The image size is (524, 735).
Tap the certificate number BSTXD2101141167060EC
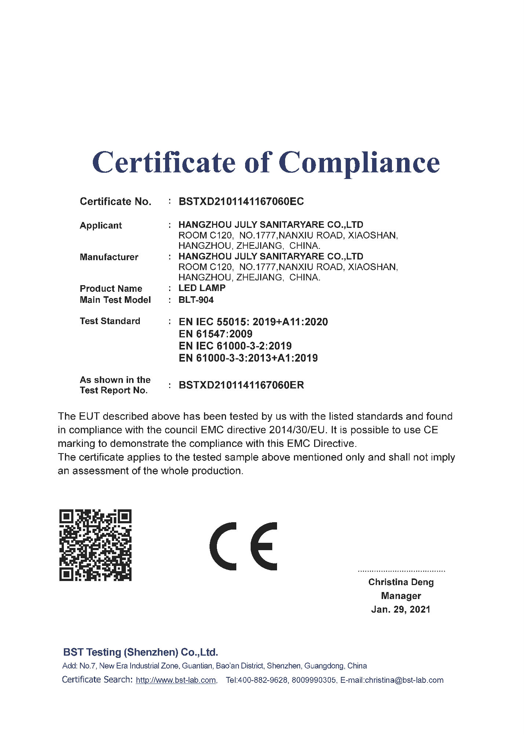click(241, 201)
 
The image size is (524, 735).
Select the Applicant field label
click(101, 225)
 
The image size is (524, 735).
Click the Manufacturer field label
click(109, 257)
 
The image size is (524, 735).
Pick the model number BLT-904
click(196, 300)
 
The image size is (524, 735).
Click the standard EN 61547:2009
click(215, 334)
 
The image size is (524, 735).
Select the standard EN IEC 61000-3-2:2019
click(235, 346)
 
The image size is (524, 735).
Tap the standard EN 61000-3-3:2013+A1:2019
click(248, 358)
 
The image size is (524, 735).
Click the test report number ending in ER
click(241, 385)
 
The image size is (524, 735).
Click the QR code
click(95, 545)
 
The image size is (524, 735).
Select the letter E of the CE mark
click(264, 546)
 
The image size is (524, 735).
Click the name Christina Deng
click(401, 582)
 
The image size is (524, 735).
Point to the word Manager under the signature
click(401, 596)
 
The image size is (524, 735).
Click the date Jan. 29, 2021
click(401, 609)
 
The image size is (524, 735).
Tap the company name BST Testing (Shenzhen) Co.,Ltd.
click(141, 652)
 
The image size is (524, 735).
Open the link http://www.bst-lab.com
click(176, 680)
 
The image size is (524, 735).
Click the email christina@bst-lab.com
click(404, 680)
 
